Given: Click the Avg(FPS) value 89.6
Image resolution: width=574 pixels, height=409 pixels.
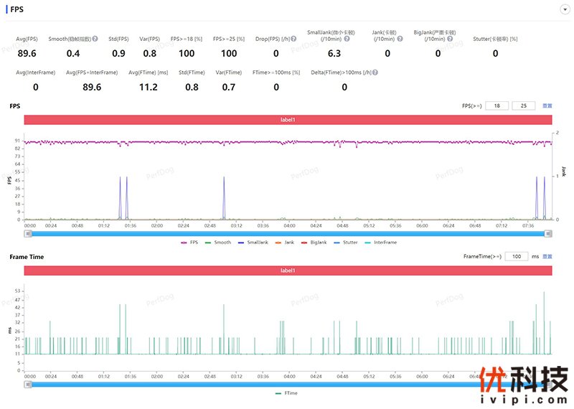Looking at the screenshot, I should click(x=27, y=53).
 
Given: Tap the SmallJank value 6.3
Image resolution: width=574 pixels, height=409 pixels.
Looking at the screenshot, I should click(x=334, y=53).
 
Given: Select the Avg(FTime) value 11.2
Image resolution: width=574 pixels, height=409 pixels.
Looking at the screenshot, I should click(x=148, y=87).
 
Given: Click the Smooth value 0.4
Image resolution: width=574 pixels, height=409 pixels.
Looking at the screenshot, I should click(x=73, y=53).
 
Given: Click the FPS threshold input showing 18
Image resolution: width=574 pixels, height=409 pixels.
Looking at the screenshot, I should click(x=497, y=105).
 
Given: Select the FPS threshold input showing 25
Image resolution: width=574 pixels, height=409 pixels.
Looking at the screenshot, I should click(x=523, y=105).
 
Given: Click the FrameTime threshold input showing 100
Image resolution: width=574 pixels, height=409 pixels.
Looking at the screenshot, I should click(x=516, y=255).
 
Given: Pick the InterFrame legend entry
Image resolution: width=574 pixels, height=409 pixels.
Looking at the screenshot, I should click(x=384, y=243).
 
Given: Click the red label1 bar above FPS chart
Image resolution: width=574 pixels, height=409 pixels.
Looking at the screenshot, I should click(x=288, y=120).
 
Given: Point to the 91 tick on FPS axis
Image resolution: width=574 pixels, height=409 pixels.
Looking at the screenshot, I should click(x=18, y=141).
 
